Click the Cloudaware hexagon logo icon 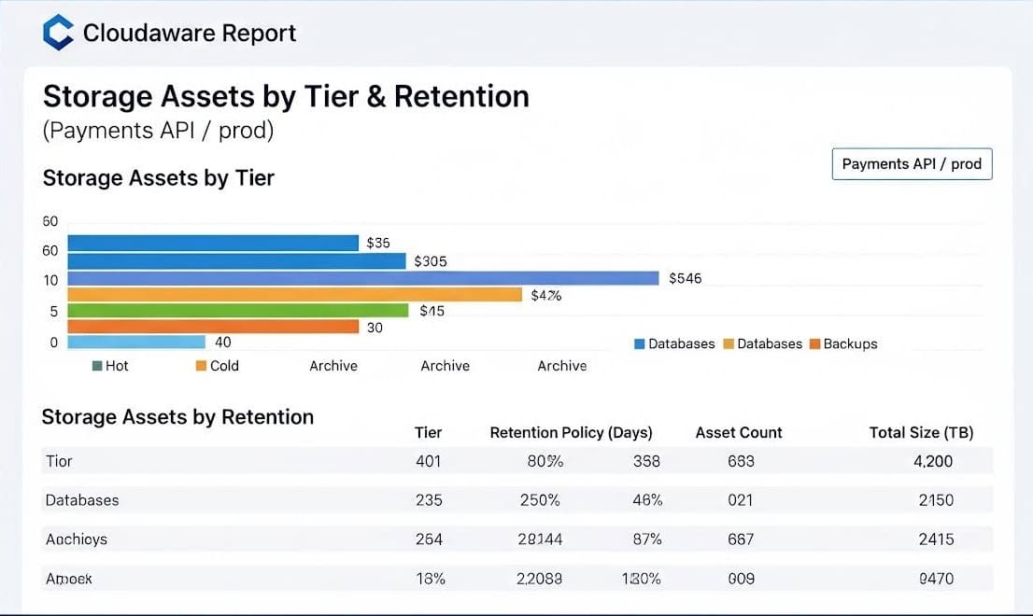point(58,33)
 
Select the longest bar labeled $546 point(363,278)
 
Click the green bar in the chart point(237,310)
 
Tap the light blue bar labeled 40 point(136,343)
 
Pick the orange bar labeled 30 point(213,327)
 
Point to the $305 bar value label point(431,261)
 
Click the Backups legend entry point(843,343)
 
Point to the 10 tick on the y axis point(50,280)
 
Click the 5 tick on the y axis point(53,312)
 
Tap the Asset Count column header point(739,432)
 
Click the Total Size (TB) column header point(921,432)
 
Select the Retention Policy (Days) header point(571,432)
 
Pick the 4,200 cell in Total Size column point(933,461)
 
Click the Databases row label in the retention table point(82,500)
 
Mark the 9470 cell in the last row point(936,579)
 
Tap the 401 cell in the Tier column point(428,461)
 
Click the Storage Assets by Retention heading point(177,417)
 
